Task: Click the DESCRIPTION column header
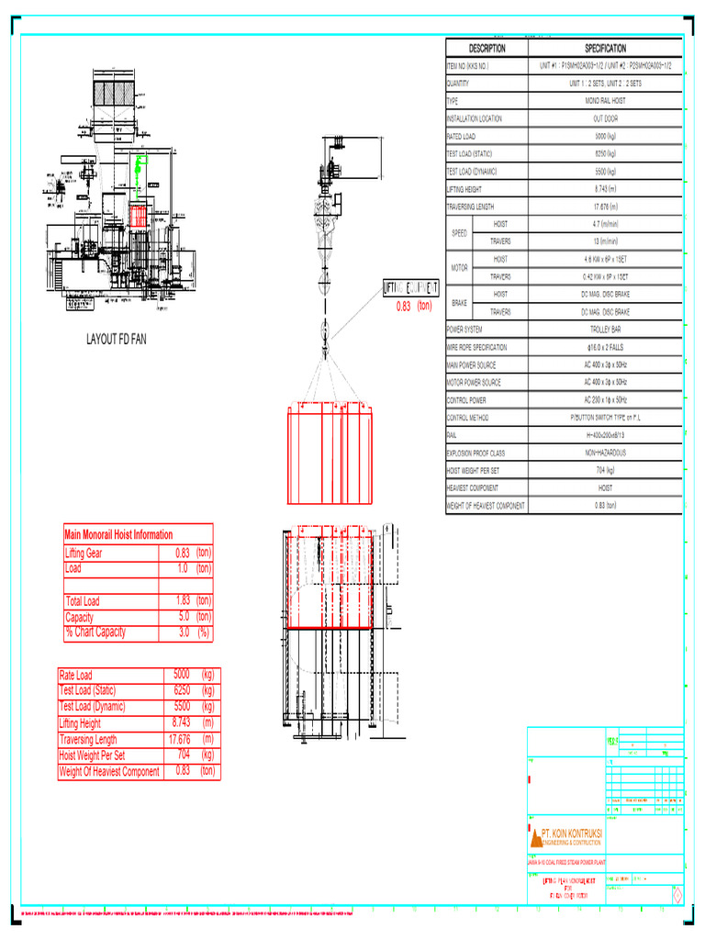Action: (487, 48)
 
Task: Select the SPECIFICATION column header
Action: (605, 48)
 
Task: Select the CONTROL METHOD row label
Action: (468, 418)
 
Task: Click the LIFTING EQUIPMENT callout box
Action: (410, 288)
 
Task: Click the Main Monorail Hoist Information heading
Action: (118, 534)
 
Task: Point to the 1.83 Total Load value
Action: (182, 601)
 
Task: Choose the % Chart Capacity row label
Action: (95, 632)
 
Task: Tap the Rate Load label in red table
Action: (76, 675)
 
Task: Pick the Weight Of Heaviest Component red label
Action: (110, 772)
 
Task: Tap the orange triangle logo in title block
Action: (536, 836)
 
